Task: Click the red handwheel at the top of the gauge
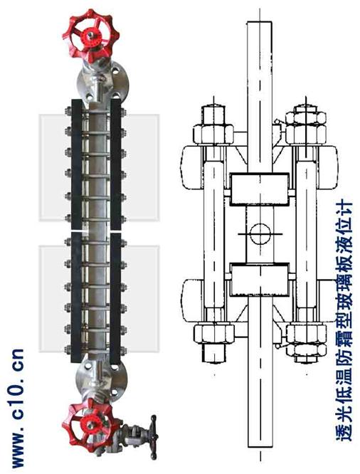point(90,35)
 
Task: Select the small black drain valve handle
point(154,437)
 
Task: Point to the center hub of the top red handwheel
point(90,35)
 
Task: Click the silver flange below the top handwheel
point(102,82)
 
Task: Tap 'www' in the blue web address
point(18,452)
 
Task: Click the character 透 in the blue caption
point(344,431)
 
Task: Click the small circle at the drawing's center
point(260,233)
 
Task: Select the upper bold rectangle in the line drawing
point(260,189)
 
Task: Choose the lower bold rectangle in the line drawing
point(260,279)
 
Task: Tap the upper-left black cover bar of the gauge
point(76,164)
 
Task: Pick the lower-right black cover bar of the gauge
point(116,297)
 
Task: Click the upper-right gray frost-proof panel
point(140,167)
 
